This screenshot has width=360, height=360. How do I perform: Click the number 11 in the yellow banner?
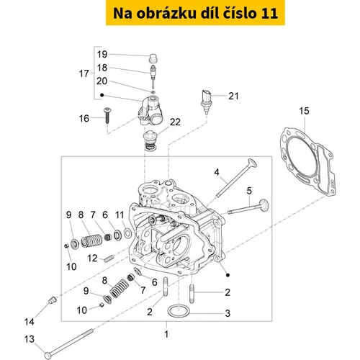tap(269, 14)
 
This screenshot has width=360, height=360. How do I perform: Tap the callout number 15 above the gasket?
tap(304, 111)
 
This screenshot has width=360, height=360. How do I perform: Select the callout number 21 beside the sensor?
tap(233, 96)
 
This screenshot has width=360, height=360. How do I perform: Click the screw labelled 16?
tap(107, 115)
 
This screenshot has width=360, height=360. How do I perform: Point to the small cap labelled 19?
tap(153, 58)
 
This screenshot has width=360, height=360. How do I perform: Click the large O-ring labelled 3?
tap(179, 311)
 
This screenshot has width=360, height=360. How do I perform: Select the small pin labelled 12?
tap(109, 258)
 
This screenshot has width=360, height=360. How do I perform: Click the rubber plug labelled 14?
tap(53, 300)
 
